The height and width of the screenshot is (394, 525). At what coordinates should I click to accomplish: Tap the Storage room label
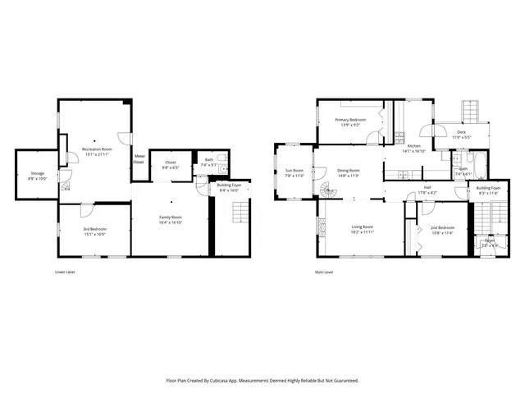coord(38,173)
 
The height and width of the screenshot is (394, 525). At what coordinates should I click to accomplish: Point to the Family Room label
coord(170,217)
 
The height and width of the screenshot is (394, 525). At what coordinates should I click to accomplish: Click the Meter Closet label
coord(139,158)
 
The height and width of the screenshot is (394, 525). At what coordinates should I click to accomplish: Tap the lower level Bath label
coord(208,159)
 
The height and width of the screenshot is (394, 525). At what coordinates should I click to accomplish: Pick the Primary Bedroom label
coord(350,119)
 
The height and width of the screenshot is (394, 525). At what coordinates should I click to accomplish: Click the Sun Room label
coord(294,170)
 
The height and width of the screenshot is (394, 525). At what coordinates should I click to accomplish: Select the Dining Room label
coord(349,170)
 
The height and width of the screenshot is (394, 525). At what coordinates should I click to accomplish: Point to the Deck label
coord(461,132)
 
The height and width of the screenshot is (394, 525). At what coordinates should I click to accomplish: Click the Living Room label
coord(363,227)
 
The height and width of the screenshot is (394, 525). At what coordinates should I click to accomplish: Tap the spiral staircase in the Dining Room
coord(328,192)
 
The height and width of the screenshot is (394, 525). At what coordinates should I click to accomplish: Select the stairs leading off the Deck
coord(470,109)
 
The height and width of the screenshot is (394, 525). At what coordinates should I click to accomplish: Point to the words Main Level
coord(325,272)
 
